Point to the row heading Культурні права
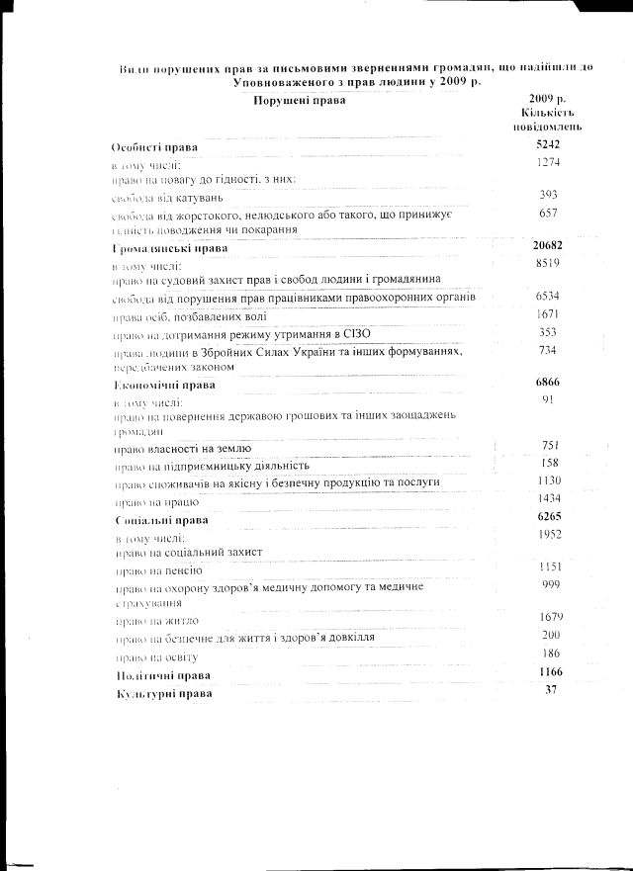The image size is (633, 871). pos(163,694)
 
